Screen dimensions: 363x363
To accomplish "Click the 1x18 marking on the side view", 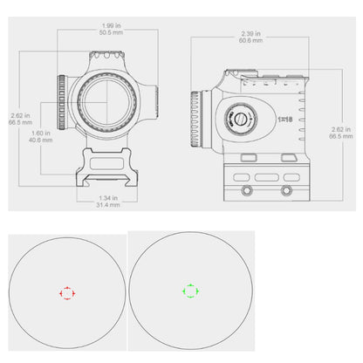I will click(x=282, y=117).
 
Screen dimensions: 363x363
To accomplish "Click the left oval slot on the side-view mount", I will click(x=249, y=187).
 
